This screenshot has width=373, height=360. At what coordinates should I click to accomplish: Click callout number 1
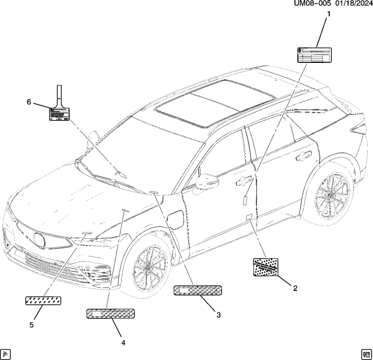327,15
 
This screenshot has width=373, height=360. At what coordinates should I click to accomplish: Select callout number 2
295,288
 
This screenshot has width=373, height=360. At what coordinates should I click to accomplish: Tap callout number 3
219,315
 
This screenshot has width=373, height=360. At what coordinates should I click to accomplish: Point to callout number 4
124,343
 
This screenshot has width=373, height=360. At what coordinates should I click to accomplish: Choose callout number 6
29,102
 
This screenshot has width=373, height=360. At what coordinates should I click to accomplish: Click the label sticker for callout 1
314,55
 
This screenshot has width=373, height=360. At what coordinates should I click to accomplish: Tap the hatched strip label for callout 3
198,290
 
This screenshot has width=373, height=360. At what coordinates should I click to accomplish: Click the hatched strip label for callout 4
110,313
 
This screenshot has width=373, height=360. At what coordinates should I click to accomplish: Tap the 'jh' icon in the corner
6,353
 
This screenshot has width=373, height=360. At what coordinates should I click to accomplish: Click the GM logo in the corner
366,353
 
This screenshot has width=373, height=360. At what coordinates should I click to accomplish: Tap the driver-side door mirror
206,182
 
